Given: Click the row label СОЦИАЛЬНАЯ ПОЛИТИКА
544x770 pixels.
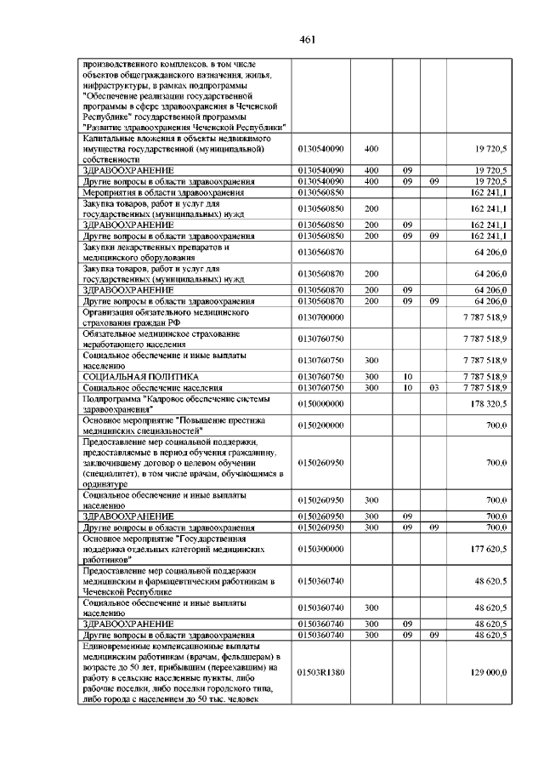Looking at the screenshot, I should [x=140, y=375].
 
